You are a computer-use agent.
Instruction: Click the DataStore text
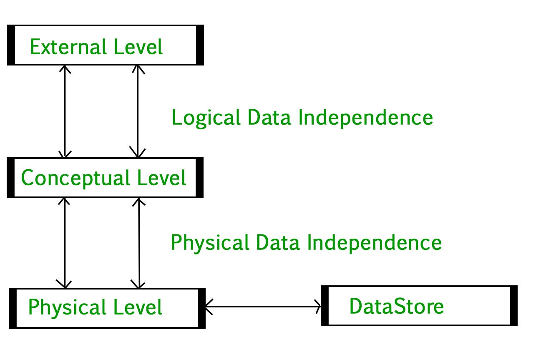pos(396,307)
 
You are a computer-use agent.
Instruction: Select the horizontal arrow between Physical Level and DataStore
pos(263,307)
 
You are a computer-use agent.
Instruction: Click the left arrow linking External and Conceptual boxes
pos(65,111)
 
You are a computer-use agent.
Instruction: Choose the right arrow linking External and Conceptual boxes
pos(138,111)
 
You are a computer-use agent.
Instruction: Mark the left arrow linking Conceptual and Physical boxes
pos(65,243)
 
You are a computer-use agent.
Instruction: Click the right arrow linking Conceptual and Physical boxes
pos(138,243)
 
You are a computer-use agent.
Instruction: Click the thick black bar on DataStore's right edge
pos(513,306)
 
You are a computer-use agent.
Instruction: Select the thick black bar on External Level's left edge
pos(11,45)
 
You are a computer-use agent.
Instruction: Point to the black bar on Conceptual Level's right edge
pos(199,177)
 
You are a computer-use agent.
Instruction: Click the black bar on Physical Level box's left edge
pos(13,308)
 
